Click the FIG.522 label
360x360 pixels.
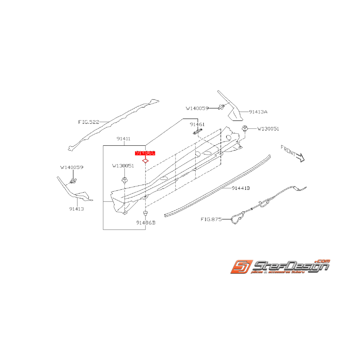(x=89, y=122)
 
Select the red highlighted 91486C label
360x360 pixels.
(x=145, y=153)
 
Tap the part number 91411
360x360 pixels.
(x=123, y=138)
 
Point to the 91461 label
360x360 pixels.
(x=197, y=125)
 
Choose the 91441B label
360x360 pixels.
(x=241, y=188)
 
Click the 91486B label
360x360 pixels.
(x=145, y=223)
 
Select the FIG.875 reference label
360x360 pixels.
(x=211, y=219)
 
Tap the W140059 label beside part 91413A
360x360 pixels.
(x=197, y=108)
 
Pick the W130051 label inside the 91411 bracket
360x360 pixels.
(x=123, y=166)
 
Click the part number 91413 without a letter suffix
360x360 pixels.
(x=77, y=209)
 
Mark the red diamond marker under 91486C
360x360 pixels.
(x=145, y=161)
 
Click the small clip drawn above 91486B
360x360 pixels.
(x=145, y=213)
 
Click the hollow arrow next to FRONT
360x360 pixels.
(x=300, y=157)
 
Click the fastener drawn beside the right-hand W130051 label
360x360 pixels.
(x=245, y=128)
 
